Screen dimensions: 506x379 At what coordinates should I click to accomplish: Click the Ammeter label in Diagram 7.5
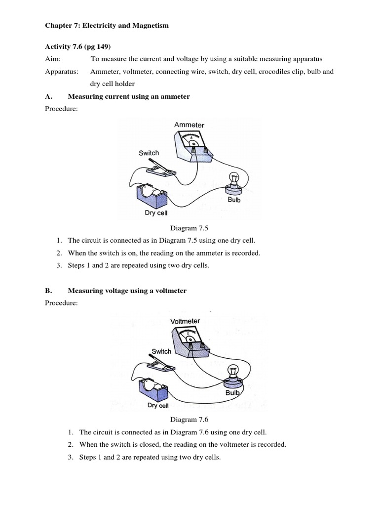(189, 125)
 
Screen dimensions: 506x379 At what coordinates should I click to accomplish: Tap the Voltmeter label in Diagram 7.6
(185, 321)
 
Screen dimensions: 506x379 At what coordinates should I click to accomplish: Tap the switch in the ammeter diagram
(159, 169)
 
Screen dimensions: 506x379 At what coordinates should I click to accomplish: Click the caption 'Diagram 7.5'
(189, 227)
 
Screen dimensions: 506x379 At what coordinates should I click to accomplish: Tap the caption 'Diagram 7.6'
(189, 420)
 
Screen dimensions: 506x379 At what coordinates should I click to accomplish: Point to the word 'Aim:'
(52, 59)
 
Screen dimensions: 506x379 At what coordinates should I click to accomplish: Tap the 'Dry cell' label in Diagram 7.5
(156, 213)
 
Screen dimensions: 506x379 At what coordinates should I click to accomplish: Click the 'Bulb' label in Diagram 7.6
(232, 393)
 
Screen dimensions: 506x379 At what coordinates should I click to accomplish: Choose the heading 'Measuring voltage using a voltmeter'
(127, 291)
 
